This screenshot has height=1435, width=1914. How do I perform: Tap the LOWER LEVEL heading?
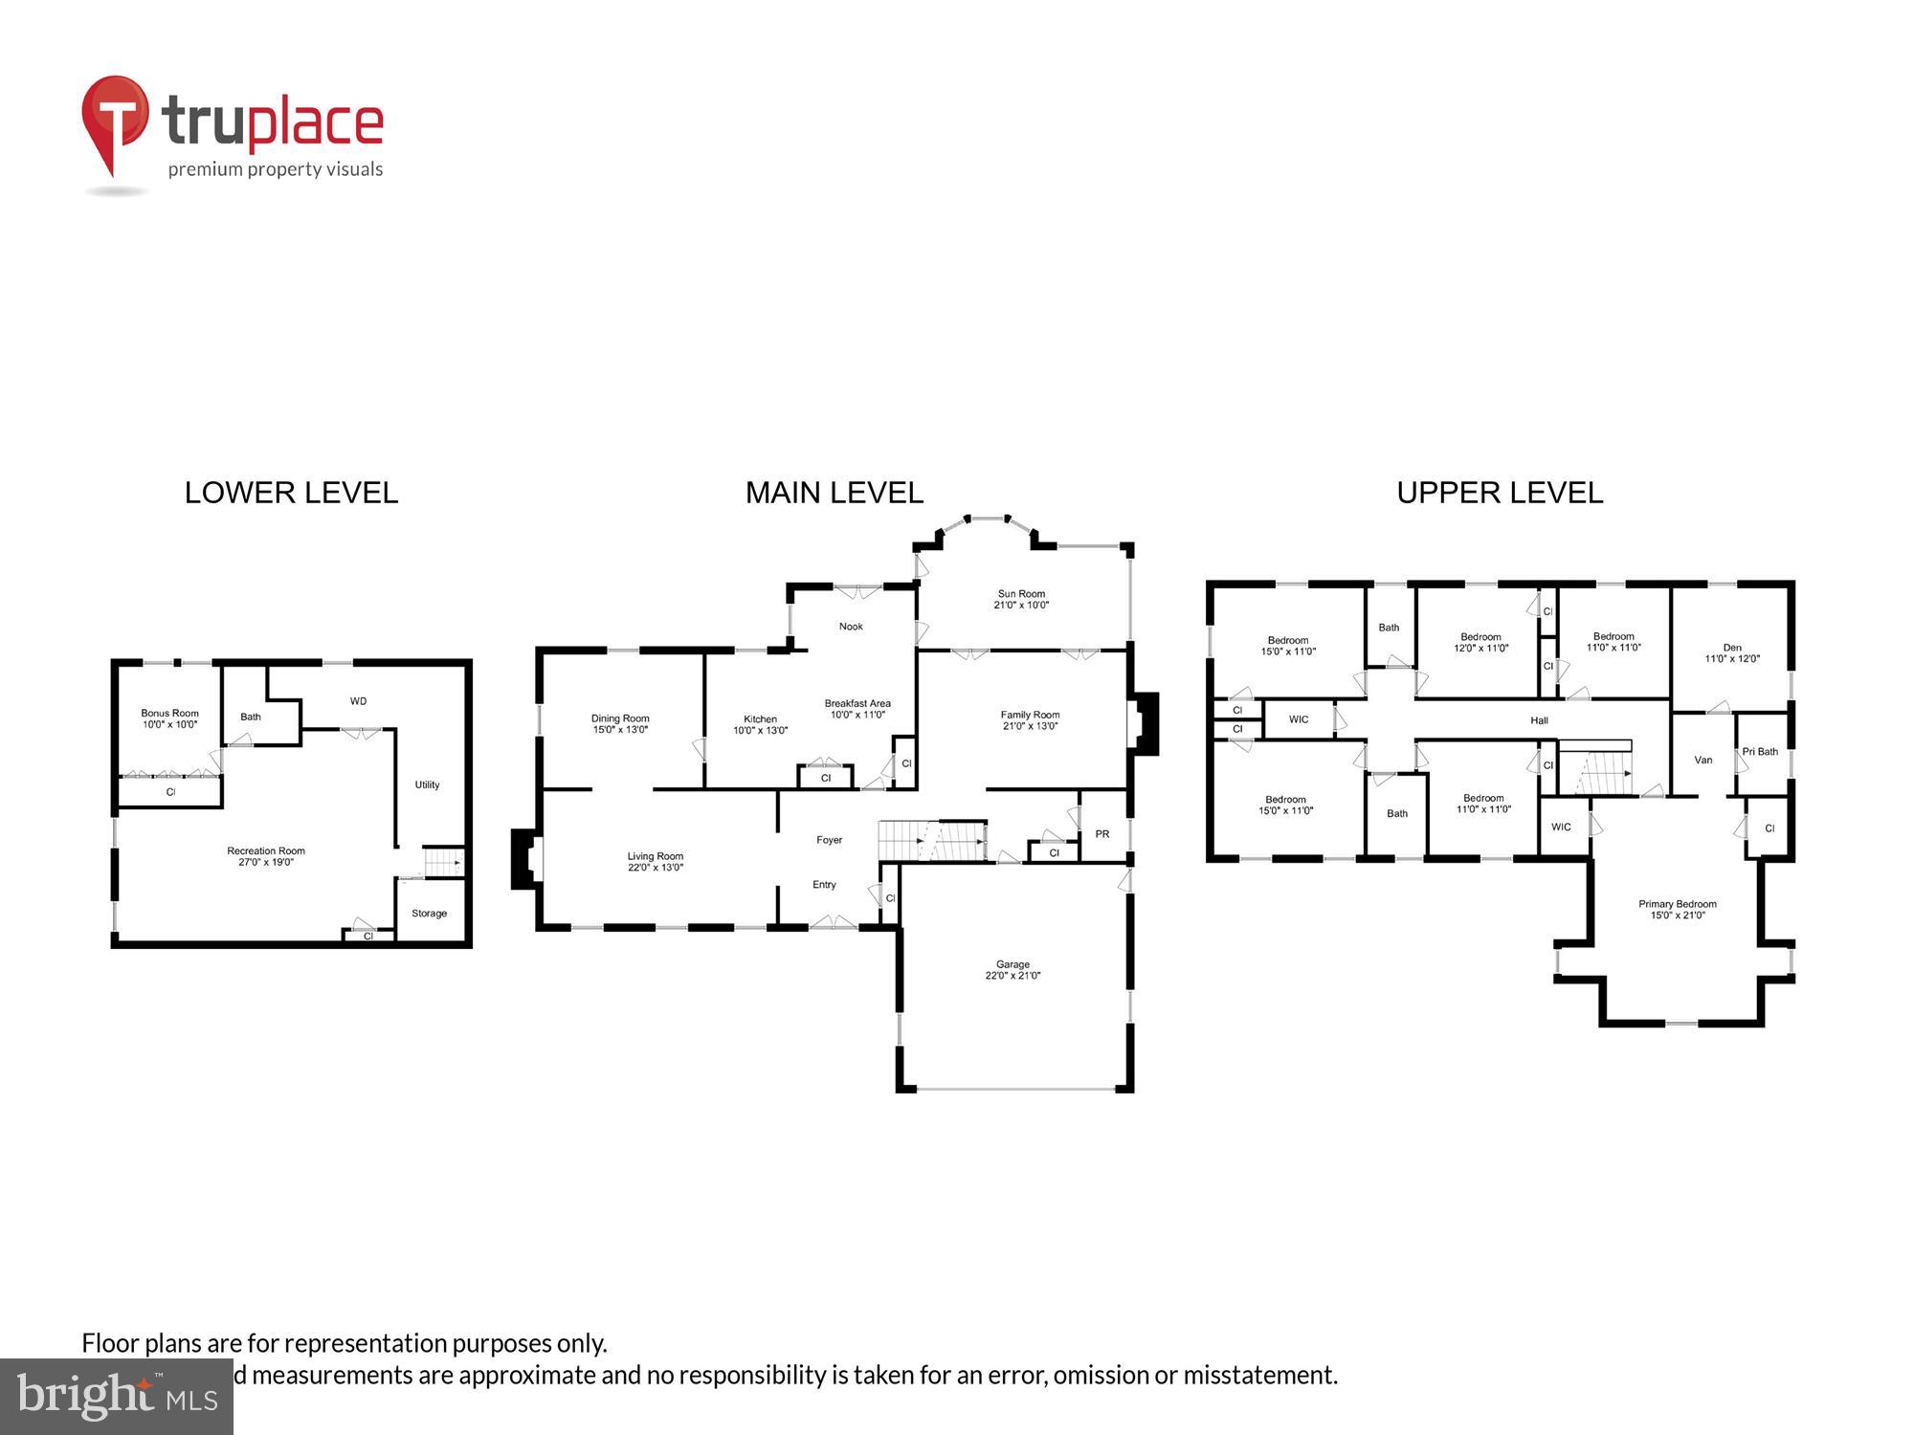[x=291, y=493]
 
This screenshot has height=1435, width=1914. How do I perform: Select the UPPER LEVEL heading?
[x=1499, y=493]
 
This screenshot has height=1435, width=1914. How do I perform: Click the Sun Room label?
[x=1021, y=594]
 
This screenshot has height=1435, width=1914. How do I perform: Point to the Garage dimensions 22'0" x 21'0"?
[x=1013, y=976]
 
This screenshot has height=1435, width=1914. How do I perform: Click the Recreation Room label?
[x=266, y=850]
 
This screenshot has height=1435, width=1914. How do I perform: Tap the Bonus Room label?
[x=169, y=713]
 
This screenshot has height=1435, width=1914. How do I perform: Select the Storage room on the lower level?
[x=429, y=913]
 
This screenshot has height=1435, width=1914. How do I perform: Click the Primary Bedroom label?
[x=1677, y=904]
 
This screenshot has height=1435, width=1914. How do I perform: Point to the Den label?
[x=1732, y=648]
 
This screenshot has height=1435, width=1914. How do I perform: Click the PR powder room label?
[x=1102, y=834]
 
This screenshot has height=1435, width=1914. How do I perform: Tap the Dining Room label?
[x=620, y=718]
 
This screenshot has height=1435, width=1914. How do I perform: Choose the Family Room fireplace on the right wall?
[x=1146, y=723]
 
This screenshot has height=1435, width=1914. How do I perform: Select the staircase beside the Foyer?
[x=932, y=841]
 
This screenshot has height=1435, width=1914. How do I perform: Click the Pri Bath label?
[x=1760, y=751]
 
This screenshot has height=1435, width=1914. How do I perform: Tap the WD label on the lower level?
[x=358, y=701]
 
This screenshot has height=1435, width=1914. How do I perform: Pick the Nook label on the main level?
[x=851, y=627]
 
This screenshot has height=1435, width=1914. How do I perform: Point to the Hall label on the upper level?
[x=1539, y=720]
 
